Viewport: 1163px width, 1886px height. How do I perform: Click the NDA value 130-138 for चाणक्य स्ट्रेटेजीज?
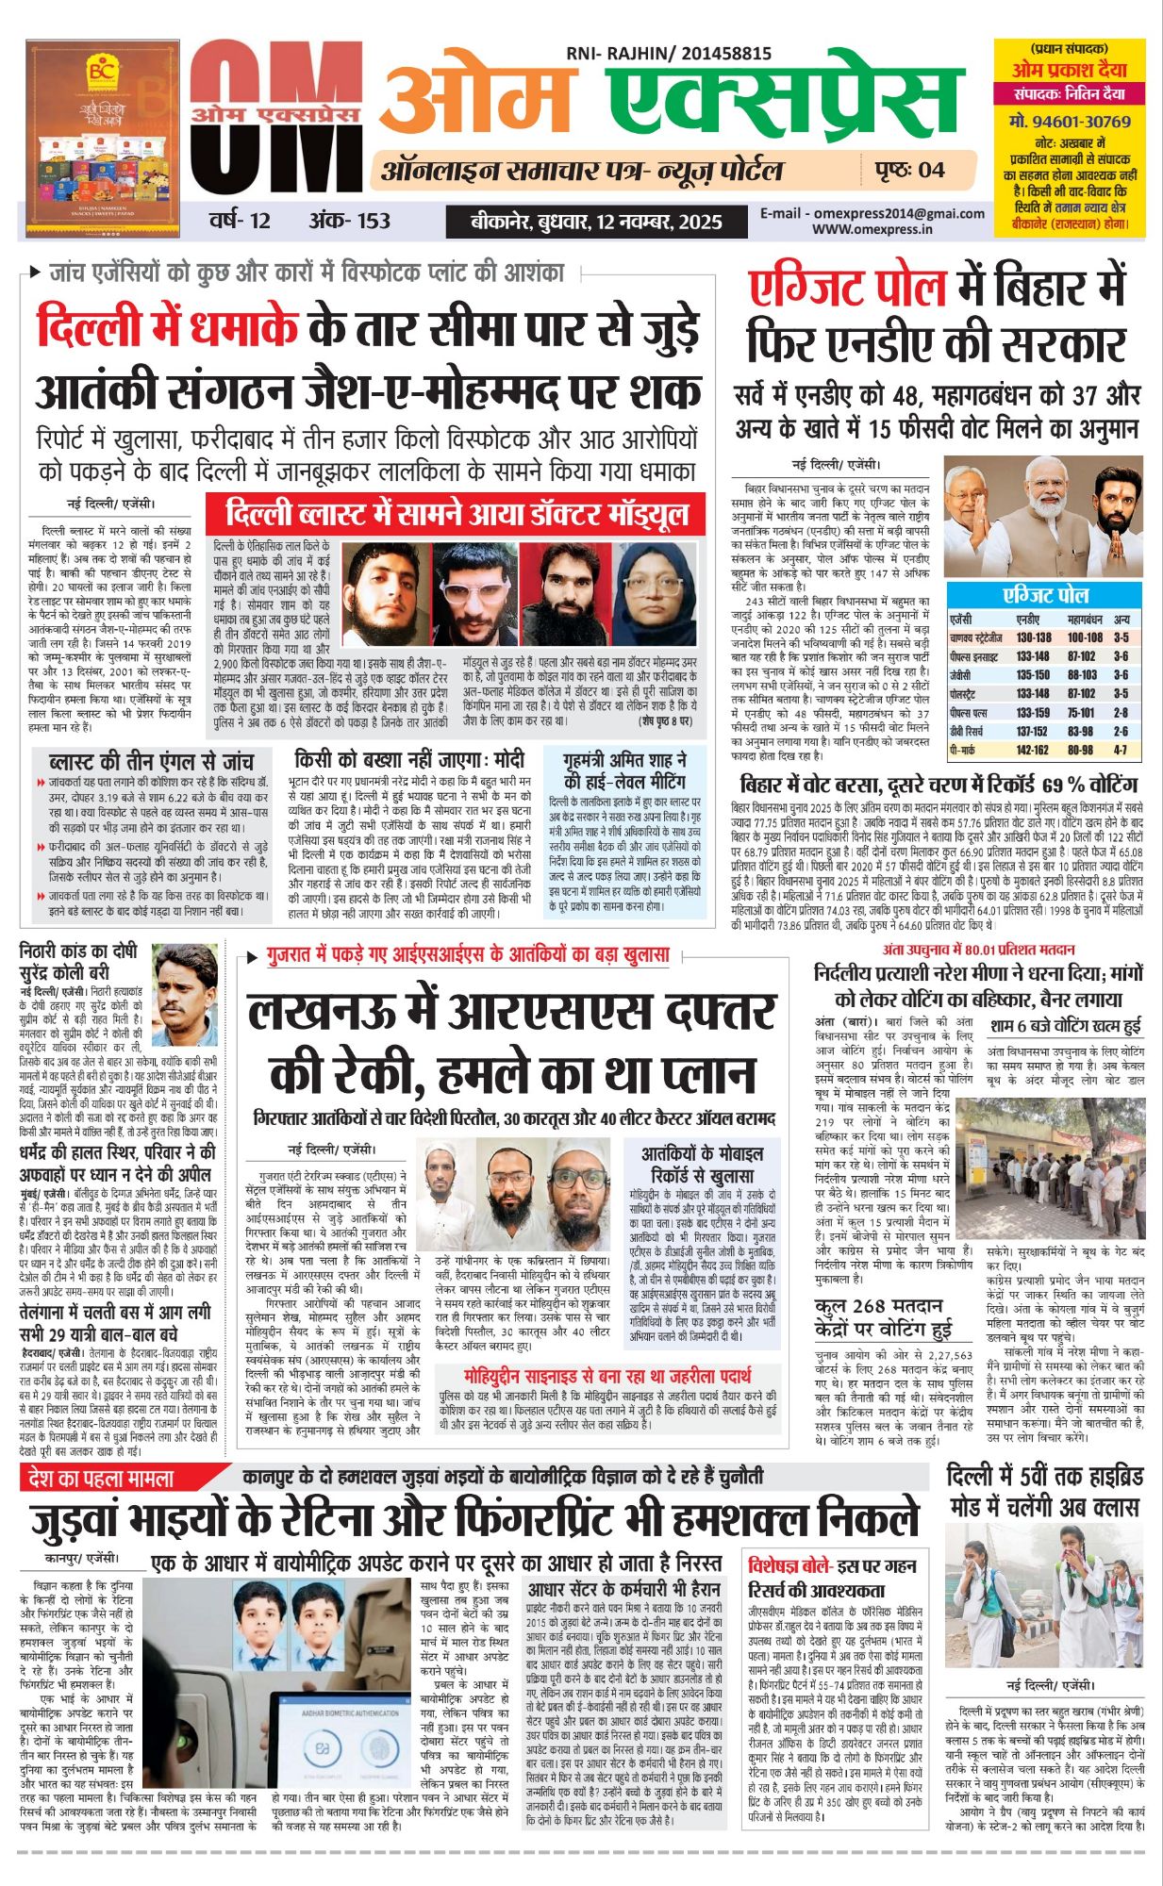(1033, 637)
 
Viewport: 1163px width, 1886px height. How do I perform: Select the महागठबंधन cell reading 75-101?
(1081, 713)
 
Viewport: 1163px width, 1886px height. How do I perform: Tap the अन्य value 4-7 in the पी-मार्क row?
(1121, 750)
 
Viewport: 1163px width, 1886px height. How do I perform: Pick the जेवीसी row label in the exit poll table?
(960, 675)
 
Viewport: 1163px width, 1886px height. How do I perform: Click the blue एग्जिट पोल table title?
(1045, 595)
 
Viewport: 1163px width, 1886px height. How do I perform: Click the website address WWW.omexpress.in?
(872, 229)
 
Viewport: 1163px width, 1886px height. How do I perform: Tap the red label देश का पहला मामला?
(101, 1478)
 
